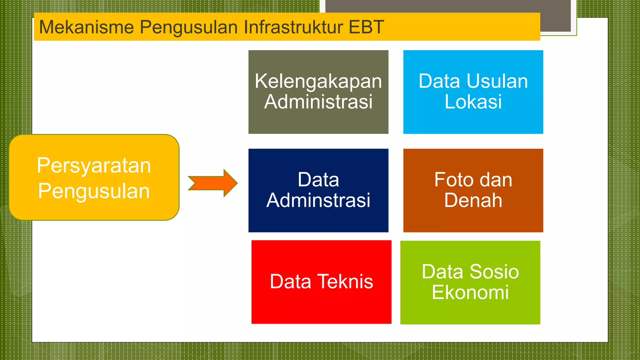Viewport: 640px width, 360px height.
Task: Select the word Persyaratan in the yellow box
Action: pyautogui.click(x=94, y=166)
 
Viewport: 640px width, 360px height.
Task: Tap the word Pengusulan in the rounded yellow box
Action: pyautogui.click(x=94, y=191)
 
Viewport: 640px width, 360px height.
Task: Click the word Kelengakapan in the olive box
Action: pyautogui.click(x=318, y=81)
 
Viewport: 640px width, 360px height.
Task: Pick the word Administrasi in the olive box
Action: pyautogui.click(x=318, y=102)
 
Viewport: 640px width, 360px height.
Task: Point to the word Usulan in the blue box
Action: pyautogui.click(x=497, y=81)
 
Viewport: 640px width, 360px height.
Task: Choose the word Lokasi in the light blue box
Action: pyautogui.click(x=473, y=102)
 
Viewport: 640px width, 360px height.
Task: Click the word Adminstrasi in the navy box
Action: pyautogui.click(x=318, y=200)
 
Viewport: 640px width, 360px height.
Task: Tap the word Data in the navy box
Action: pyautogui.click(x=318, y=180)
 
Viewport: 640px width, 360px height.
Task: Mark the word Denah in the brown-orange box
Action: pyautogui.click(x=473, y=200)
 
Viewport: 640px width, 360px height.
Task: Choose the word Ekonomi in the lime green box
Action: pyautogui.click(x=470, y=292)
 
